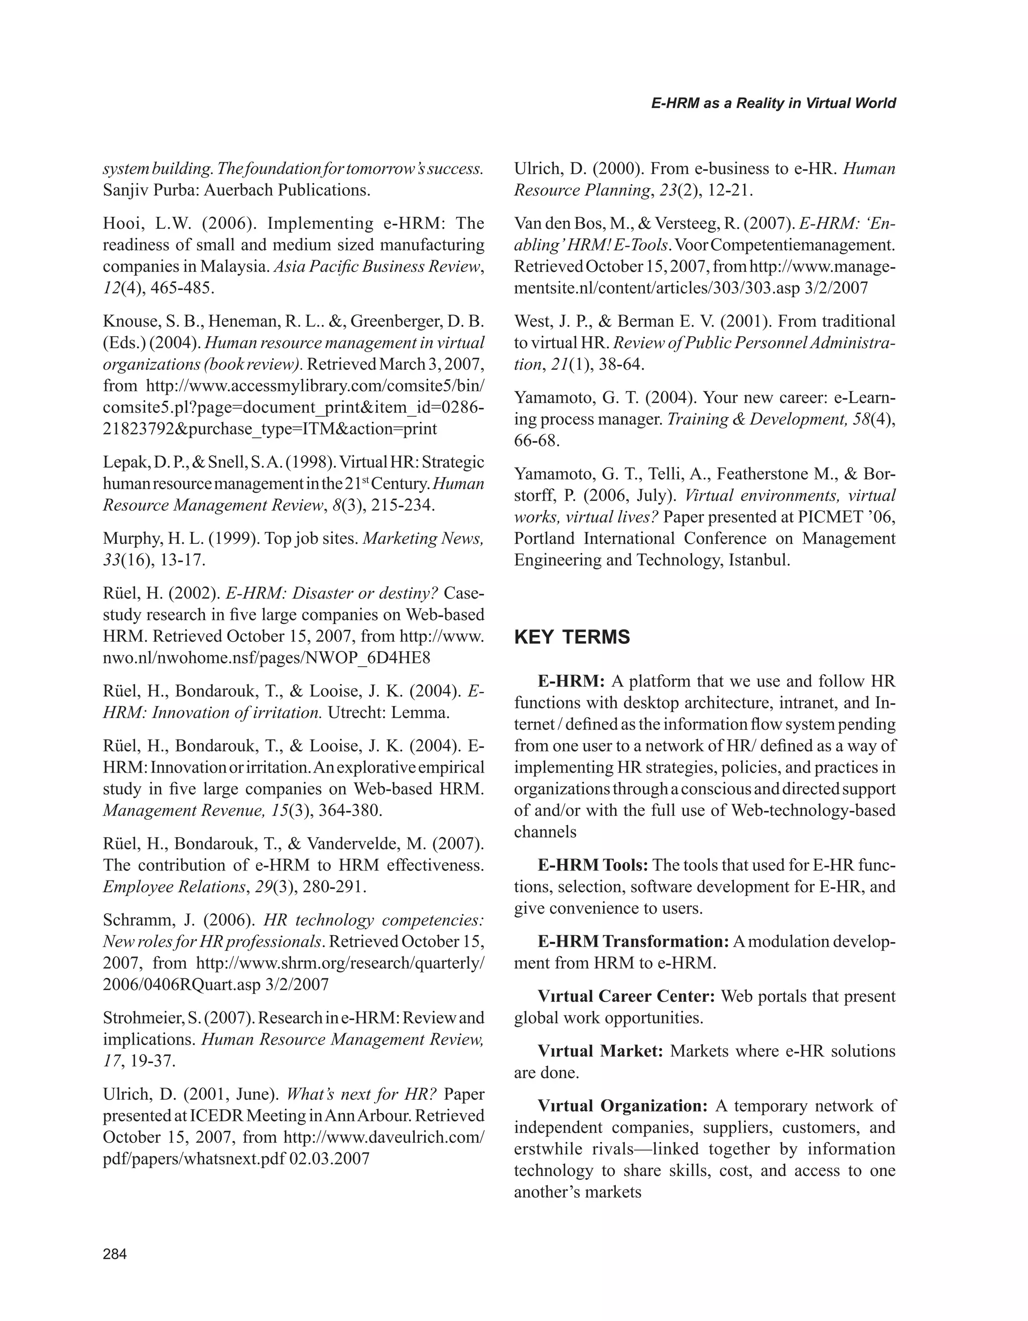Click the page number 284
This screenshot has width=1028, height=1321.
coord(115,1254)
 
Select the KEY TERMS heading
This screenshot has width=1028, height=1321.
coord(572,638)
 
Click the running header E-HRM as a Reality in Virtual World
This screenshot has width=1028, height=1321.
coord(774,103)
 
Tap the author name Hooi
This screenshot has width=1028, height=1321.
coord(119,224)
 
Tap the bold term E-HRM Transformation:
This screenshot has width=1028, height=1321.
coord(633,942)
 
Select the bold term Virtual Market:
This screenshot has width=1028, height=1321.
coord(600,1051)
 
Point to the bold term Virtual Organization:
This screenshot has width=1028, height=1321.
coord(622,1106)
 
